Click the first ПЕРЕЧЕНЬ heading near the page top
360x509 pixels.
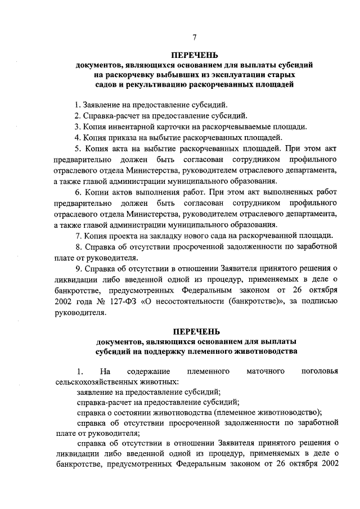pos(195,56)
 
